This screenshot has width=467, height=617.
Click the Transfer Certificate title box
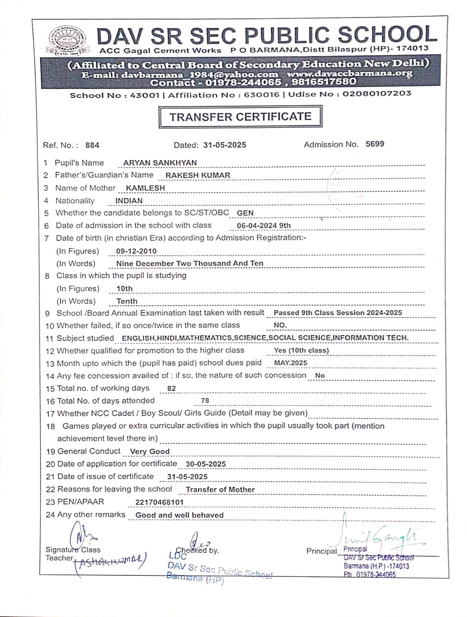240,117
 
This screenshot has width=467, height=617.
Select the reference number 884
92,145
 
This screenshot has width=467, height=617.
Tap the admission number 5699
375,144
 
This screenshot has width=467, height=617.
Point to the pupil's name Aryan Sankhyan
160,163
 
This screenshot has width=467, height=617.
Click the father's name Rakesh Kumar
198,175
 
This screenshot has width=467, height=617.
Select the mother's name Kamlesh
145,188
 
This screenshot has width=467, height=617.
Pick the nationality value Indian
129,201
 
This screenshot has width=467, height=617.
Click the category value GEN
245,213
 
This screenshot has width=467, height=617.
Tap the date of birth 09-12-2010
136,251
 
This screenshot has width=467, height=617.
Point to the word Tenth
127,301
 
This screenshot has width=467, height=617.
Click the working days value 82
172,389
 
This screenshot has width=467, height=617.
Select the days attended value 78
205,401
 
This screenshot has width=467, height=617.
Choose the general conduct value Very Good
150,451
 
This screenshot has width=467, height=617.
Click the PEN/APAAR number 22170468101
159,502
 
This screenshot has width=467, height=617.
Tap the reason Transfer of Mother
220,490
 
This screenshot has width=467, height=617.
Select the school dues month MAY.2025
290,363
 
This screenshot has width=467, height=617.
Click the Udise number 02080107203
377,94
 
